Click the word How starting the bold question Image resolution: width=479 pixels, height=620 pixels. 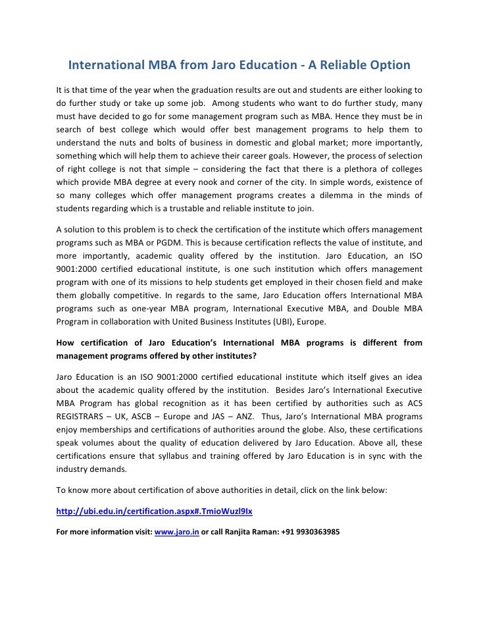[63, 342]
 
